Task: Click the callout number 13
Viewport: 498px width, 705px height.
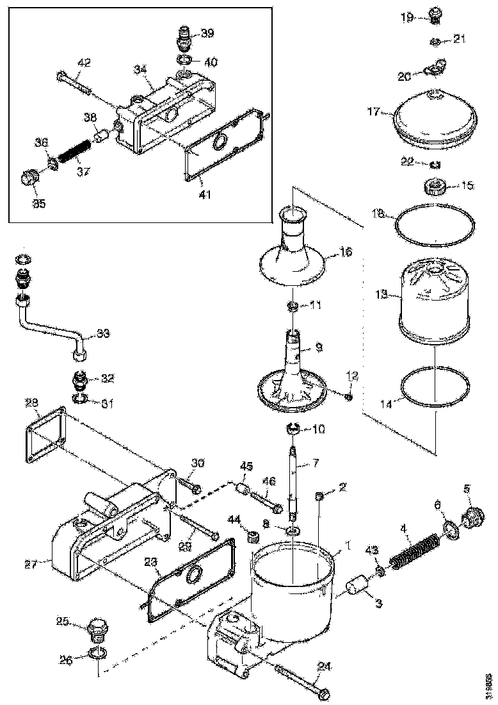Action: point(381,295)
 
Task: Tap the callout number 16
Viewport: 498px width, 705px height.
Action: point(346,252)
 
